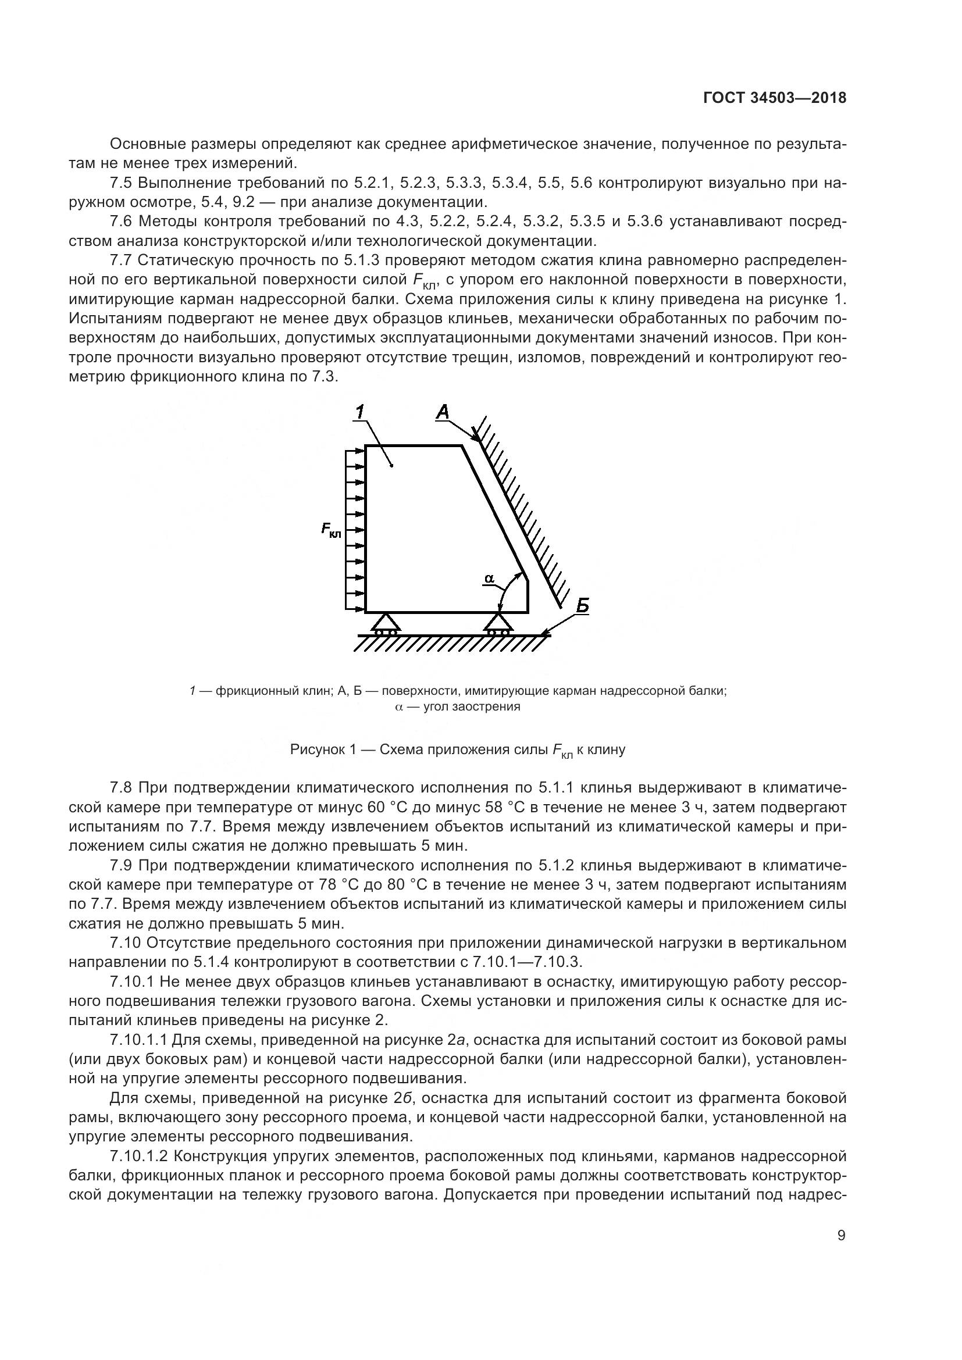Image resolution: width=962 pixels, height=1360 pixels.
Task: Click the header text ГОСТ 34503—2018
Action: pos(774,98)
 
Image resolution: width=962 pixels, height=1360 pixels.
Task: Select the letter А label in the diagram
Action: pos(443,411)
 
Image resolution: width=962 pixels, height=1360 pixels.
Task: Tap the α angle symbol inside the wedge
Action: pos(489,577)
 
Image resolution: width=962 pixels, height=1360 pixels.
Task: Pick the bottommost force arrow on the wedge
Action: pos(354,608)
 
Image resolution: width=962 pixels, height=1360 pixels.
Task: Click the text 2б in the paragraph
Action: pos(402,1098)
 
